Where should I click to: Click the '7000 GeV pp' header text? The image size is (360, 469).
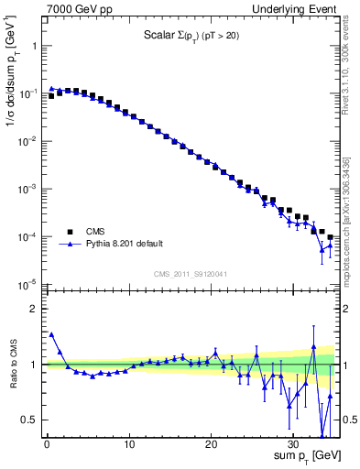click(76, 8)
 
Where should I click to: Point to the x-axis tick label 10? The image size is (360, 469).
click(129, 446)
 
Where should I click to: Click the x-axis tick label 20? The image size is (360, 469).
click(212, 446)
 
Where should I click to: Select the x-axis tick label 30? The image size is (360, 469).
click(294, 446)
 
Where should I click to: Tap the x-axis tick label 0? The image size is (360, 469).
click(47, 446)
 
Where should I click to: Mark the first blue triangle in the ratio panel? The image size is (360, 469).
click(51, 334)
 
